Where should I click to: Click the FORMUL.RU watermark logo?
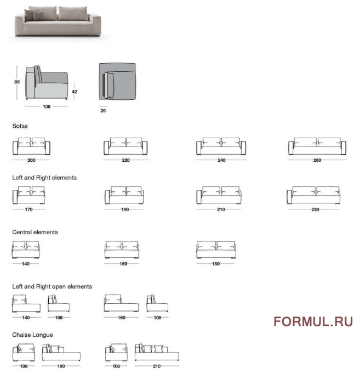pos(313,322)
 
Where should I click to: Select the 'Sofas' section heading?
pos(20,126)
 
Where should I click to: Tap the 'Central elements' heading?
pos(35,232)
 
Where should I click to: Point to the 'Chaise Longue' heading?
pos(32,335)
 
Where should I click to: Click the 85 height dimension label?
pos(17,82)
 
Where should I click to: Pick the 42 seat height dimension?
pos(75,92)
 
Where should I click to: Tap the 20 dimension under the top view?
pos(103,111)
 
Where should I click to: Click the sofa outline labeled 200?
pos(31,146)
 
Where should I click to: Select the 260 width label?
pos(317,160)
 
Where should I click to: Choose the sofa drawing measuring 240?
pos(221,146)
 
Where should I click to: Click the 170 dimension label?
pos(28,210)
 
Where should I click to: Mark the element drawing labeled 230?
pos(313,195)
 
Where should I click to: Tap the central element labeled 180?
pos(216,250)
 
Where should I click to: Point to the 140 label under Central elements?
pos(26,264)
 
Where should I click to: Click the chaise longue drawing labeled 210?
pos(157,352)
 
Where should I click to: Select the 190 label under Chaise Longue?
pos(61,366)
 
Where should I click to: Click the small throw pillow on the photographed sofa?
pos(38,16)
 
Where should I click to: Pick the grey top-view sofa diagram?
pos(117,82)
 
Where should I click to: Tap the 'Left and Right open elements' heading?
pos(52,286)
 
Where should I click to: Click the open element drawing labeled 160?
pos(121,303)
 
